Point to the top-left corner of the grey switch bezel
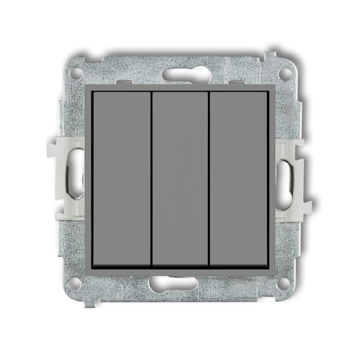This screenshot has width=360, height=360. [x=87, y=85]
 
